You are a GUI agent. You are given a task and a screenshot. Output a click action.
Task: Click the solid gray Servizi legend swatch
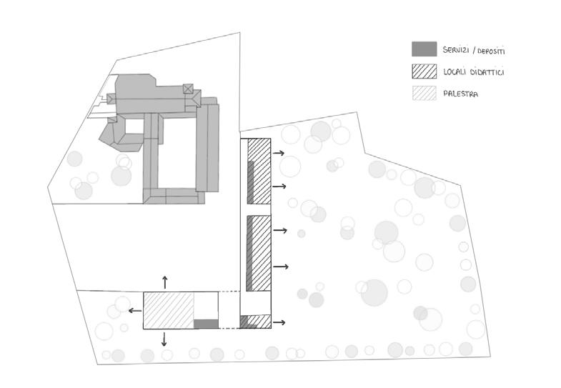(x=424, y=49)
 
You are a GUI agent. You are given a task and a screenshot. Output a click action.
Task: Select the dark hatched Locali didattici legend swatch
(x=424, y=71)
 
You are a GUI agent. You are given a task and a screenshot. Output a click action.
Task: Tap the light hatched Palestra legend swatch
(x=424, y=93)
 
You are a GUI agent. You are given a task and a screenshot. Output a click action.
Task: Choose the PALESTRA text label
(x=461, y=94)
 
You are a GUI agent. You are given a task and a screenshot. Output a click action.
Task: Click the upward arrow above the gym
(x=165, y=281)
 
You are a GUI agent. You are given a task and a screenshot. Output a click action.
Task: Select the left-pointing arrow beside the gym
(x=134, y=310)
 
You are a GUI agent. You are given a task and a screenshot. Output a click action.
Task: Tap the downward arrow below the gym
(x=165, y=339)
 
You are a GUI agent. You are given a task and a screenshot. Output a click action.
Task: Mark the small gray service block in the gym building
(x=206, y=324)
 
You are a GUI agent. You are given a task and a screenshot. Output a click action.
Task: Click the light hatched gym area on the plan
(x=169, y=309)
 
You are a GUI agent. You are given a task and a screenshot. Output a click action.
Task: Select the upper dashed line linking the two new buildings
(x=229, y=292)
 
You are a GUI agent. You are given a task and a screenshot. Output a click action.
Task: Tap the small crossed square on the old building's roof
(x=188, y=89)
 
